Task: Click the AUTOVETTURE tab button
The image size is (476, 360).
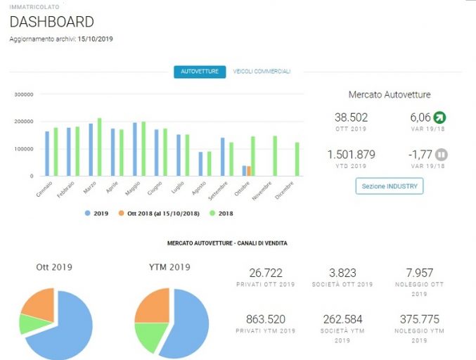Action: pyautogui.click(x=200, y=72)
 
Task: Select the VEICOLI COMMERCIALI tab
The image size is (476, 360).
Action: pyautogui.click(x=262, y=71)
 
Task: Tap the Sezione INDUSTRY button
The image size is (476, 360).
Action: pyautogui.click(x=390, y=186)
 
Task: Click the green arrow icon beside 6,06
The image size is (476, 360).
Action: pyautogui.click(x=439, y=117)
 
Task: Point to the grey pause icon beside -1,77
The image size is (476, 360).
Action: pyautogui.click(x=441, y=155)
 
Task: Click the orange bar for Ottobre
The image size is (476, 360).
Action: pyautogui.click(x=249, y=171)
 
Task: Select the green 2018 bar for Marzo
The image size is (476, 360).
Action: pyautogui.click(x=100, y=147)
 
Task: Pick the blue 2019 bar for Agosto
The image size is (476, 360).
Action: pyautogui.click(x=200, y=164)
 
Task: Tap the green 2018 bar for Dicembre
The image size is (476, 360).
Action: pyautogui.click(x=297, y=159)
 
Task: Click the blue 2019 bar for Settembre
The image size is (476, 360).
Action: pyautogui.click(x=222, y=157)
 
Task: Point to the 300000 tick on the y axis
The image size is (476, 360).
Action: pyautogui.click(x=24, y=94)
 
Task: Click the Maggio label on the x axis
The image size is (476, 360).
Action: pyautogui.click(x=133, y=188)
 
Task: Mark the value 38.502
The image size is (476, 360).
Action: pyautogui.click(x=352, y=117)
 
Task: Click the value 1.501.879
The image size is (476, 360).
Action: pyautogui.click(x=352, y=155)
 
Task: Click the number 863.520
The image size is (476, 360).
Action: pyautogui.click(x=266, y=319)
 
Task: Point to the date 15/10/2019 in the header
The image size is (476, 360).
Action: pyautogui.click(x=95, y=39)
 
